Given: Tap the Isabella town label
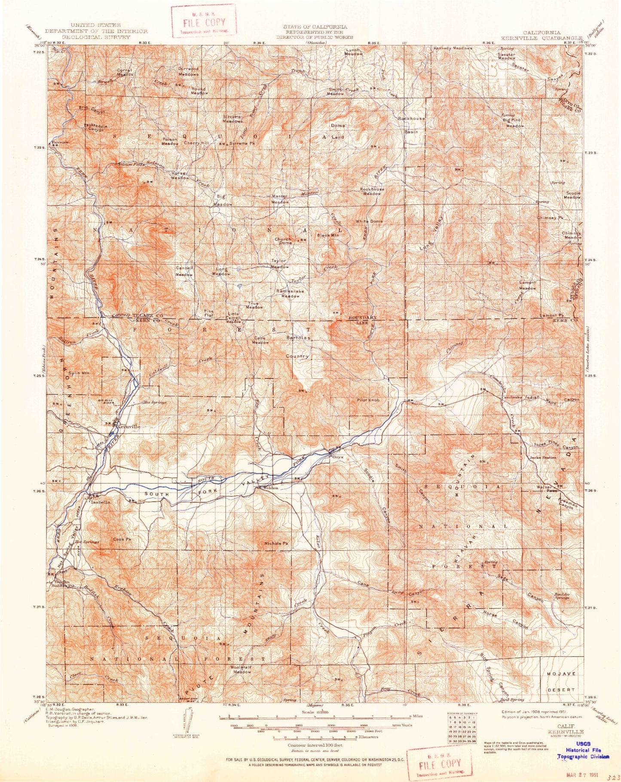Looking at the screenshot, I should pyautogui.click(x=100, y=501).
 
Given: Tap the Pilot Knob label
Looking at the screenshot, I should pyautogui.click(x=368, y=400).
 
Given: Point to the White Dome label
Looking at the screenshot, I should pyautogui.click(x=369, y=221).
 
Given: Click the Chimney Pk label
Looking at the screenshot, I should pyautogui.click(x=550, y=218).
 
